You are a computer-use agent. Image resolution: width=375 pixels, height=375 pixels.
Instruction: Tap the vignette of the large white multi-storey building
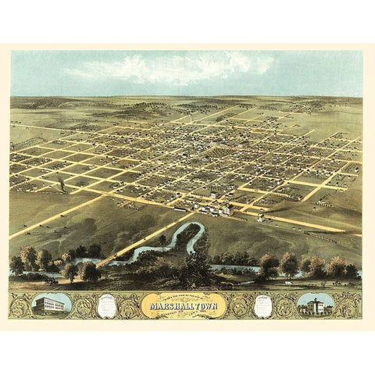point(52,305)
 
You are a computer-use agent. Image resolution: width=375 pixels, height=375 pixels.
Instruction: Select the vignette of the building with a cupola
point(316,304)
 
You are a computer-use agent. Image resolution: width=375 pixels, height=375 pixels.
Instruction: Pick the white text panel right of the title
point(263,305)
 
